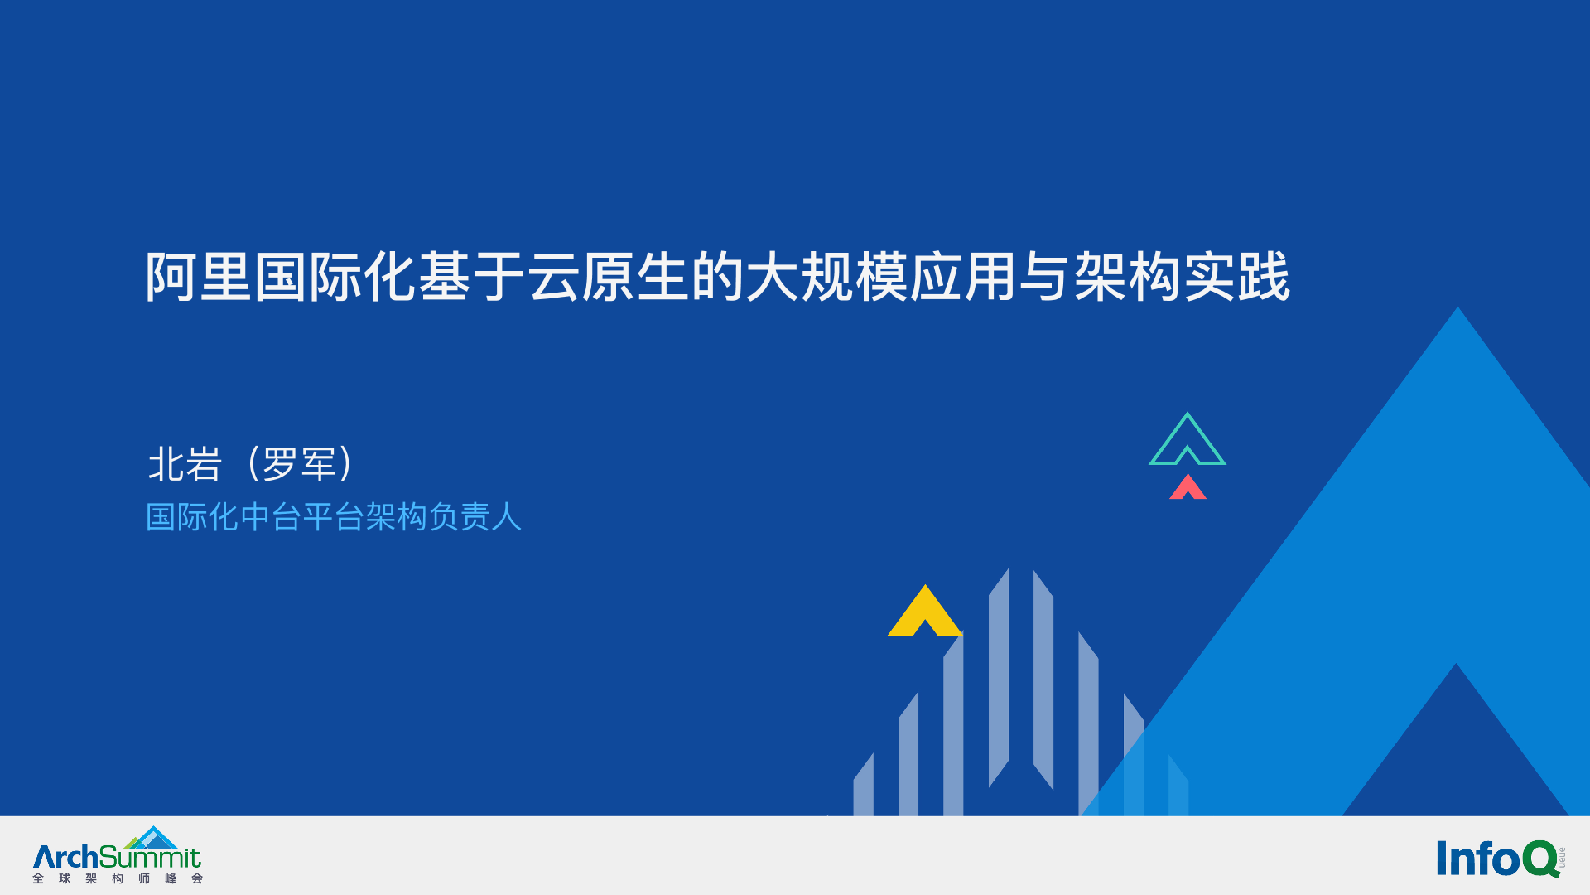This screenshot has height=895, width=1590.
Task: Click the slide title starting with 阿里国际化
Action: pyautogui.click(x=718, y=277)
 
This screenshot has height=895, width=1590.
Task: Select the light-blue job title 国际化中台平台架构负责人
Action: pyautogui.click(x=334, y=517)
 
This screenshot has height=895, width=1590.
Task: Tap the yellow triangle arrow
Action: pyautogui.click(x=924, y=611)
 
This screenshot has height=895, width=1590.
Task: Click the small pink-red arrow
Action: pyautogui.click(x=1188, y=486)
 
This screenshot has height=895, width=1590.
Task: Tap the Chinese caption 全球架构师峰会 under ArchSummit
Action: pyautogui.click(x=118, y=878)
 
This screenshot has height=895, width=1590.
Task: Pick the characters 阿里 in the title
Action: pyautogui.click(x=199, y=277)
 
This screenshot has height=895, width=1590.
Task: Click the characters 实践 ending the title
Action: pyautogui.click(x=1237, y=277)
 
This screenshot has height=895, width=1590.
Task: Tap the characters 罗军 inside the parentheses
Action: pyautogui.click(x=299, y=464)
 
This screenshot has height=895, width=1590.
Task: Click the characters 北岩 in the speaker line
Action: pyautogui.click(x=185, y=464)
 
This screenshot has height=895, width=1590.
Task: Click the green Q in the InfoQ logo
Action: pyautogui.click(x=1540, y=859)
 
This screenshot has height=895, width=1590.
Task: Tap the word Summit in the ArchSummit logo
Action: pyautogui.click(x=150, y=857)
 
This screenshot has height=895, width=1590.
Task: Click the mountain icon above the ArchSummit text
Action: pyautogui.click(x=152, y=837)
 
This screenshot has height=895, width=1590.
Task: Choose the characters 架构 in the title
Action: pyautogui.click(x=1128, y=277)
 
